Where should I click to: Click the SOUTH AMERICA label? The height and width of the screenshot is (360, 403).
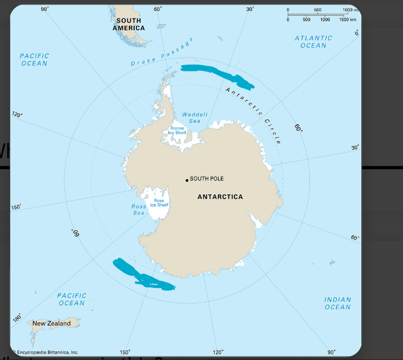pyautogui.click(x=128, y=24)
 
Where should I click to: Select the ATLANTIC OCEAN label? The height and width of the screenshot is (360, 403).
pyautogui.click(x=313, y=42)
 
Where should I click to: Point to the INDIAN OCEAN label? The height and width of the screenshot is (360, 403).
pyautogui.click(x=337, y=303)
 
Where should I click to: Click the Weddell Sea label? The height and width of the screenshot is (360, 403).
pyautogui.click(x=195, y=118)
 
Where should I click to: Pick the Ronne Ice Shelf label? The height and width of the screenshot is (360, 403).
pyautogui.click(x=177, y=130)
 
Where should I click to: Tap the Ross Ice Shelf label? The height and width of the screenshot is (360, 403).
pyautogui.click(x=159, y=203)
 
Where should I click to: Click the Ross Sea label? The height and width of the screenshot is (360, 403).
pyautogui.click(x=139, y=209)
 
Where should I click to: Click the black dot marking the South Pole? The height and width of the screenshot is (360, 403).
pyautogui.click(x=187, y=181)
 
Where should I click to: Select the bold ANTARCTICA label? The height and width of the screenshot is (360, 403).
pyautogui.click(x=220, y=197)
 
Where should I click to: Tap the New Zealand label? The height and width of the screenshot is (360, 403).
pyautogui.click(x=51, y=323)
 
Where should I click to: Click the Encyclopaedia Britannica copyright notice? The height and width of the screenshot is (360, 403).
pyautogui.click(x=45, y=353)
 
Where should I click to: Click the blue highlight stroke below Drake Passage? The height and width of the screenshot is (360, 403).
pyautogui.click(x=216, y=77)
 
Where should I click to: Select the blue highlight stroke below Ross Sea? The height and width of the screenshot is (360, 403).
pyautogui.click(x=143, y=275)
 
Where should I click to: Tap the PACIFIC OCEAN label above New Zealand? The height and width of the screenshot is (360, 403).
pyautogui.click(x=72, y=299)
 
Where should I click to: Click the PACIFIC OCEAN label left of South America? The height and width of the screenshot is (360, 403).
pyautogui.click(x=34, y=59)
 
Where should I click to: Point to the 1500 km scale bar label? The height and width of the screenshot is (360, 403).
pyautogui.click(x=348, y=19)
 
